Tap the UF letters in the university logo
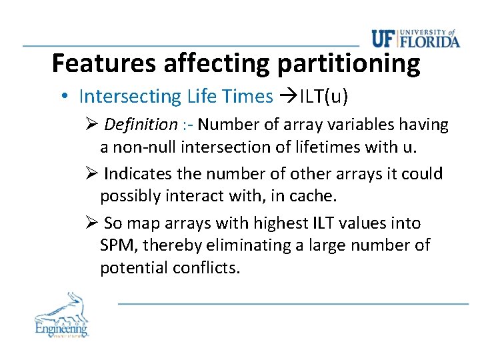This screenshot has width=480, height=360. point(384,39)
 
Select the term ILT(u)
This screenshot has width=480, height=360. point(323,97)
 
